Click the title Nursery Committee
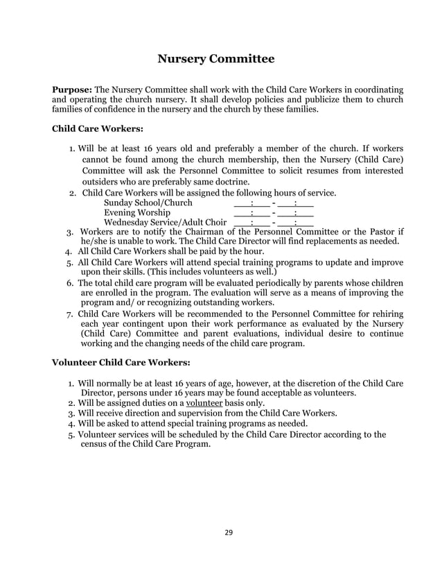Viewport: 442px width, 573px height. [216, 59]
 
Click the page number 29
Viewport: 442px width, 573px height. [228, 532]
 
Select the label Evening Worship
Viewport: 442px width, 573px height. [136, 212]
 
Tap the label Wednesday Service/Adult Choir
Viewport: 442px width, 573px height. [164, 223]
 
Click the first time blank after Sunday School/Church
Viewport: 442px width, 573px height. [251, 203]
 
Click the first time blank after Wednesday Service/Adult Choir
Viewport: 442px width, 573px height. [251, 223]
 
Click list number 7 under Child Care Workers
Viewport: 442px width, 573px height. [70, 314]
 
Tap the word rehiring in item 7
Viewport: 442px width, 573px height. [384, 314]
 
